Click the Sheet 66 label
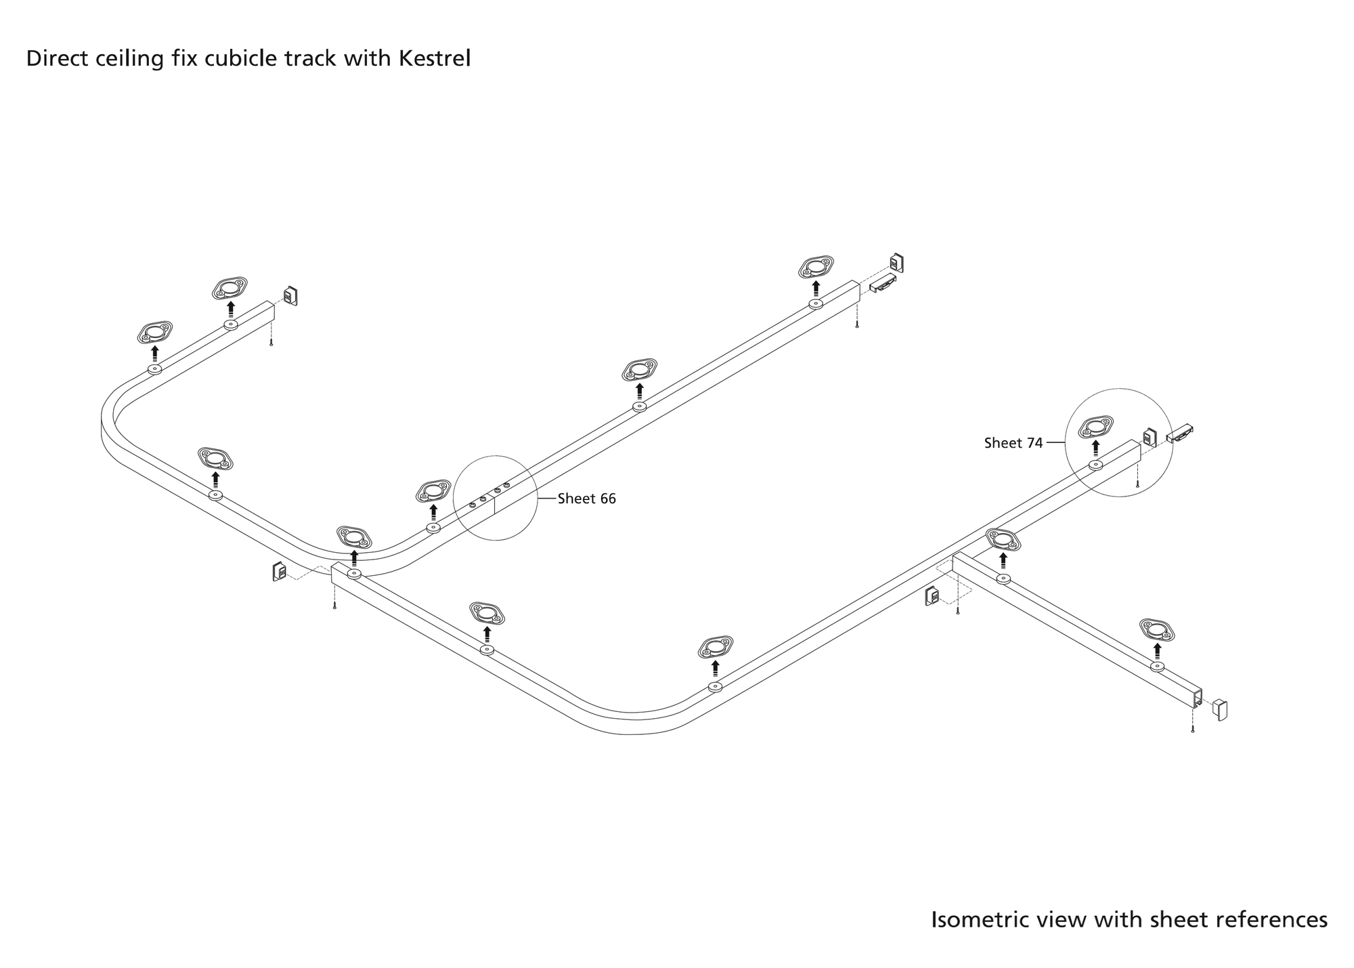(x=586, y=499)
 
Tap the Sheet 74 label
(x=1013, y=443)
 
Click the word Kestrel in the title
(x=434, y=59)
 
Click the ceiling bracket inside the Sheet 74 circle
(x=1095, y=427)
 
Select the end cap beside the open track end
(x=1220, y=709)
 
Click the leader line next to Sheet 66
(x=546, y=499)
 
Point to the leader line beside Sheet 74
(x=1055, y=443)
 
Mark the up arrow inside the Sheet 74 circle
(x=1095, y=448)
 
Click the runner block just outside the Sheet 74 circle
(x=1180, y=433)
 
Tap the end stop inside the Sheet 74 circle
(x=1150, y=438)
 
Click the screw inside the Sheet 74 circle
(x=1137, y=484)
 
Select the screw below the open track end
(x=1192, y=730)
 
